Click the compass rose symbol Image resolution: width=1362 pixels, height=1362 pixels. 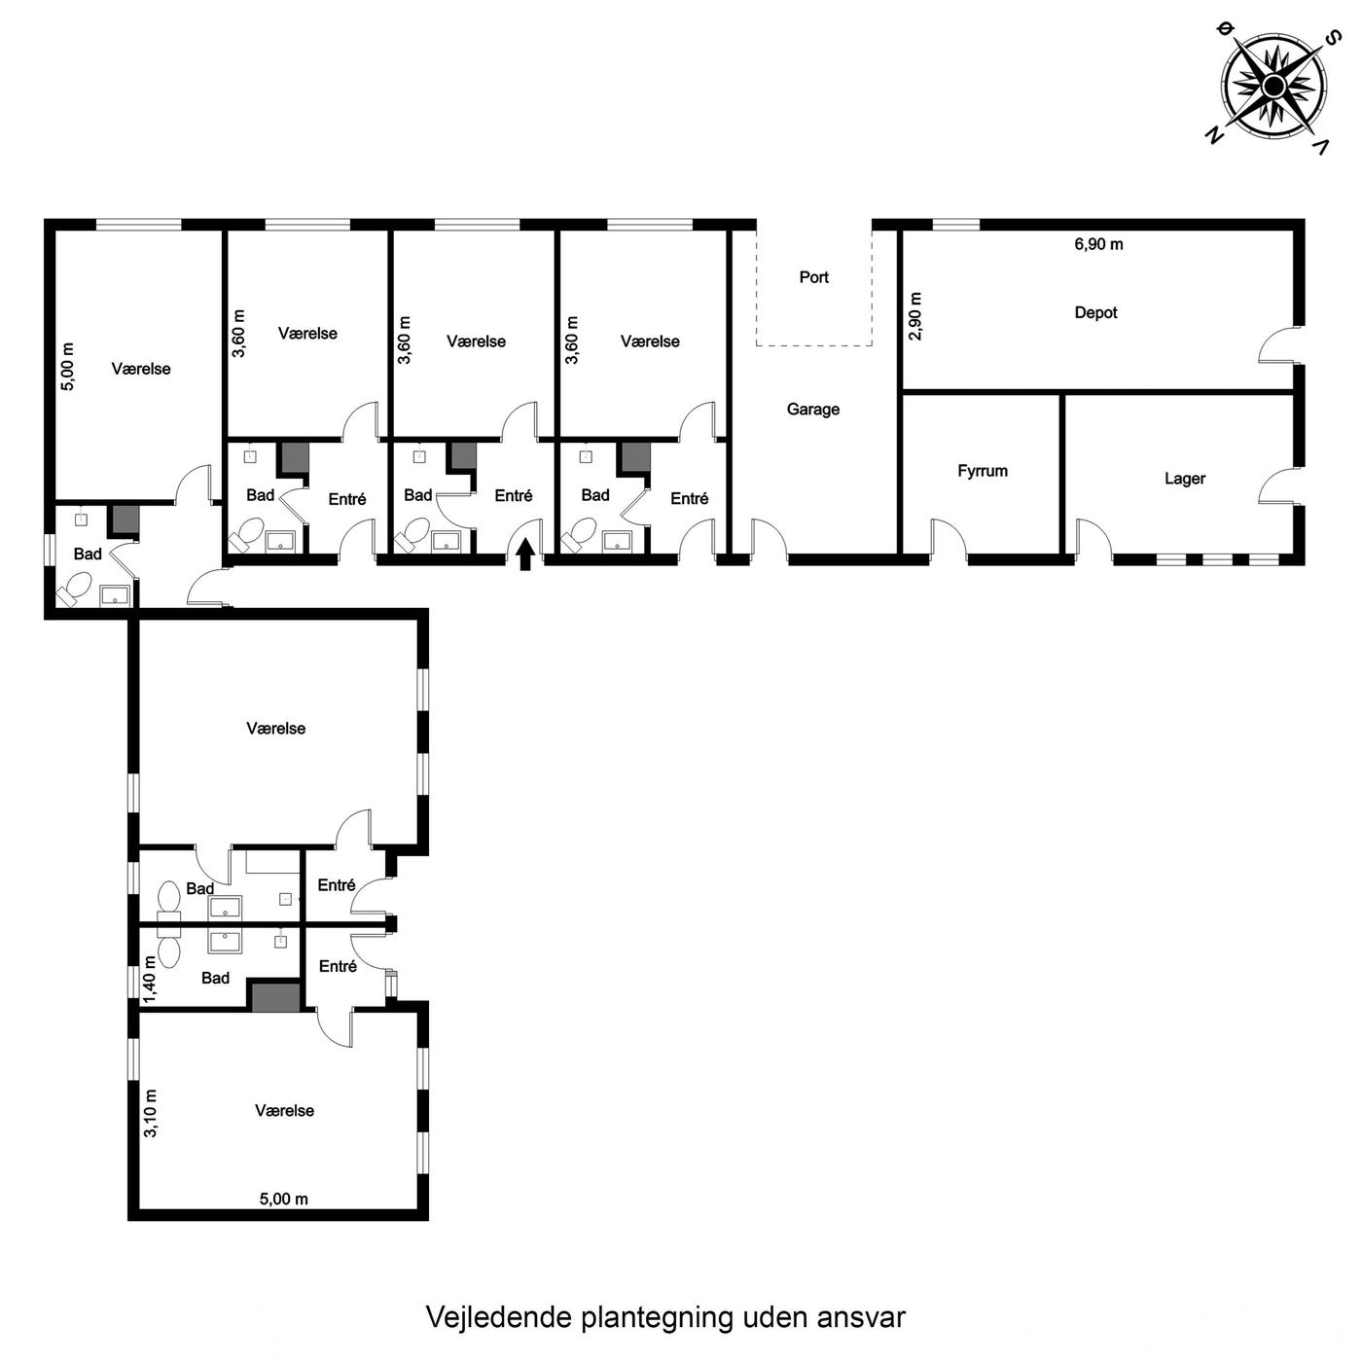[1272, 88]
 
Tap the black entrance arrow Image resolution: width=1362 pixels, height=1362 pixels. [524, 555]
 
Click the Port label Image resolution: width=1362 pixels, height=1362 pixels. [813, 277]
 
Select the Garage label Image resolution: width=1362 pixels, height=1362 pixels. [812, 409]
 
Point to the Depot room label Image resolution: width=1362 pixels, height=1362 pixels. [1095, 312]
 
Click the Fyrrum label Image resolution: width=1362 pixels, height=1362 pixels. [983, 471]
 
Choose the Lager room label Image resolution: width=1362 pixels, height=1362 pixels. [1185, 479]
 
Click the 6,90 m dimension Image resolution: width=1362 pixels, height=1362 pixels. [1098, 244]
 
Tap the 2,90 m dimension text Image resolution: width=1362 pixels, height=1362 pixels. [915, 316]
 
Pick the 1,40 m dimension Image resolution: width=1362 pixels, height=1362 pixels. [149, 979]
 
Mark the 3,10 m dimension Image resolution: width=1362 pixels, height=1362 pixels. [150, 1113]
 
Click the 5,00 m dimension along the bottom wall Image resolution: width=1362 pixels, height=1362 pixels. [283, 1199]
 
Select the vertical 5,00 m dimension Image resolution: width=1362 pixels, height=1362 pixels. [68, 366]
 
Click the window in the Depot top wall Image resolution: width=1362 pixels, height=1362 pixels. [956, 226]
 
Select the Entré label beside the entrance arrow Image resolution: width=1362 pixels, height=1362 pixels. [513, 495]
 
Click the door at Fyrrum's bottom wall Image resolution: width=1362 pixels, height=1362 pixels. [950, 542]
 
